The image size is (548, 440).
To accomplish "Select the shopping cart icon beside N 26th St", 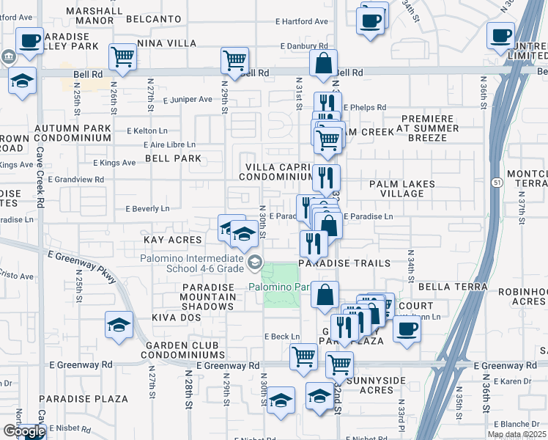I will (122, 56).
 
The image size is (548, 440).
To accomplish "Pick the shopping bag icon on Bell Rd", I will (323, 65).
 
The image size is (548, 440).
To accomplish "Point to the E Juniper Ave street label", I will (187, 99).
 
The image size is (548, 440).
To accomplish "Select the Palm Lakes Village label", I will (401, 189).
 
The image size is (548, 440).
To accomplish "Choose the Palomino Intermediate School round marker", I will (255, 262).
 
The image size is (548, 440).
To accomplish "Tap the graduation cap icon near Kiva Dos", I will (119, 325).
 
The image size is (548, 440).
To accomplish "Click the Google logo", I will (24, 431).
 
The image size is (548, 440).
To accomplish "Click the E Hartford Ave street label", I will (301, 22).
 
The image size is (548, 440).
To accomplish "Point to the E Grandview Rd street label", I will (75, 179).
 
